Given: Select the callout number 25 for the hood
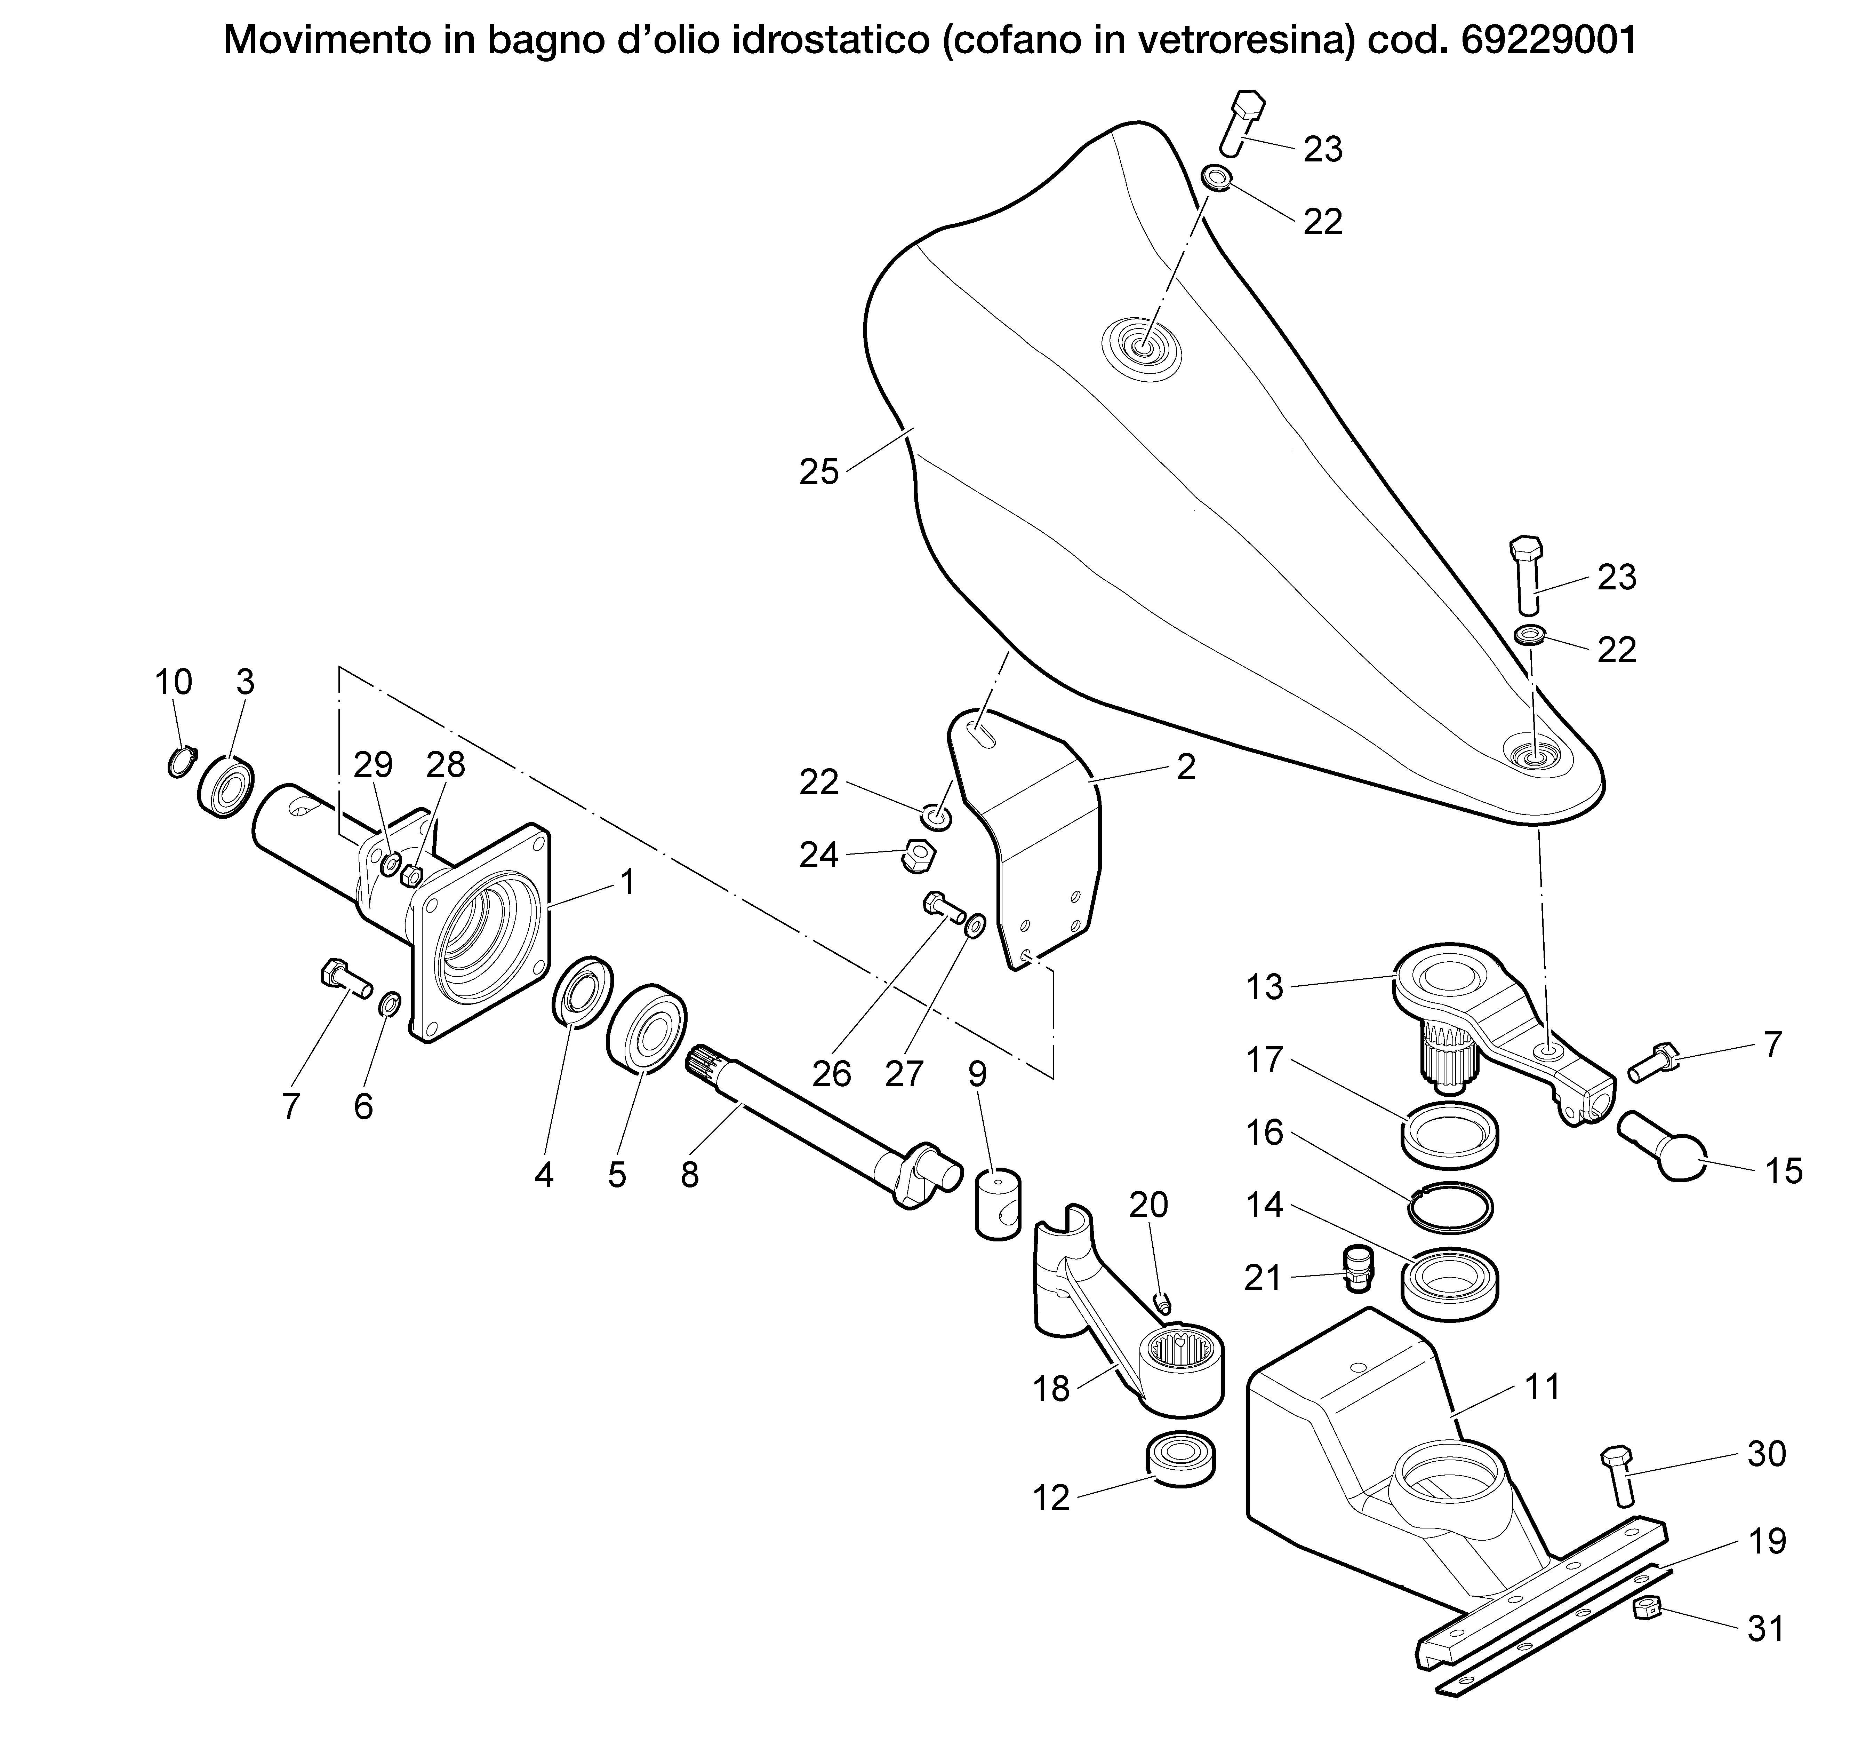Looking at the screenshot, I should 819,472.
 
